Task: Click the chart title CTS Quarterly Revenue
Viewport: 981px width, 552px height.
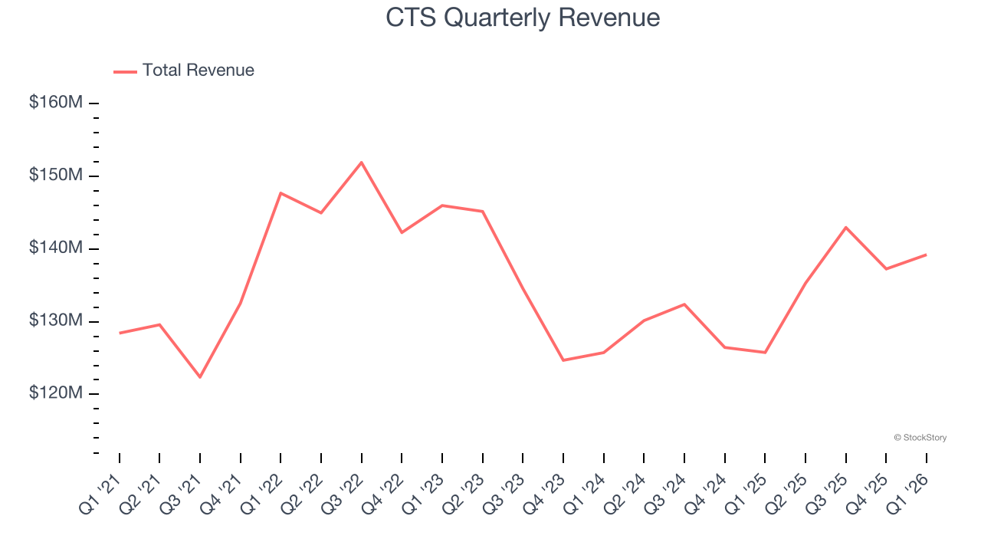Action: (523, 18)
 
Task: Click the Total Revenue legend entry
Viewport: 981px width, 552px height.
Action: (184, 71)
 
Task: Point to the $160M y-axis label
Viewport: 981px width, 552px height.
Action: (56, 102)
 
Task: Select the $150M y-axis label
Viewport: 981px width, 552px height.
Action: (56, 175)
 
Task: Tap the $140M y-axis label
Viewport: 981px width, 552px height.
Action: (56, 248)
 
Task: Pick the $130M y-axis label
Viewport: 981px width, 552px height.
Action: (56, 320)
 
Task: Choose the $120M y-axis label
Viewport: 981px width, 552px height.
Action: (56, 393)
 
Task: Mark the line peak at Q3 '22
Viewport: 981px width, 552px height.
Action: (361, 163)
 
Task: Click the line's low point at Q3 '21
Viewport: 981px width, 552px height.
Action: (200, 377)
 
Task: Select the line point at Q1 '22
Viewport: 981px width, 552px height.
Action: (281, 193)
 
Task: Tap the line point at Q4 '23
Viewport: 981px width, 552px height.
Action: (563, 360)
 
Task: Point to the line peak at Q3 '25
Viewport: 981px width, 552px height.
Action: (845, 227)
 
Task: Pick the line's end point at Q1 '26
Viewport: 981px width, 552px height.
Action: (926, 255)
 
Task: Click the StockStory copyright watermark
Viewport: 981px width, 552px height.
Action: (920, 438)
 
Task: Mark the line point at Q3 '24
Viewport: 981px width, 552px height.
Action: (684, 304)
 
